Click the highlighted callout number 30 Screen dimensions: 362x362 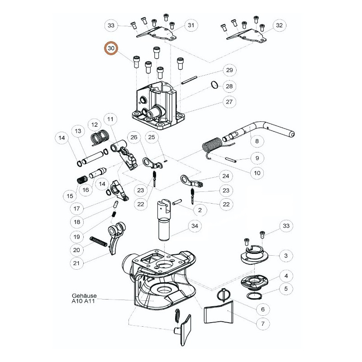(111, 48)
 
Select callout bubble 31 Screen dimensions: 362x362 (191, 25)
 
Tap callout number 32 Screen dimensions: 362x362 (279, 25)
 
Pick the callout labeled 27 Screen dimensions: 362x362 (229, 102)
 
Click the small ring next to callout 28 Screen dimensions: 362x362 (214, 85)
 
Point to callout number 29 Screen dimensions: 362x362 (229, 70)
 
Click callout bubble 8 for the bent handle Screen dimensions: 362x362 (257, 141)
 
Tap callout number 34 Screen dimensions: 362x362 (195, 226)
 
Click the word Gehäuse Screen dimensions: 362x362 (84, 296)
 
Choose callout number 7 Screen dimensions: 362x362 (263, 324)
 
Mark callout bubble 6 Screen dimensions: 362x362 (263, 309)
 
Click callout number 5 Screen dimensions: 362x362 (286, 289)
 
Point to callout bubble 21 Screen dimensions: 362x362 (76, 263)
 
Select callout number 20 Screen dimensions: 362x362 (76, 250)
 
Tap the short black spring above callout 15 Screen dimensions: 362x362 (82, 179)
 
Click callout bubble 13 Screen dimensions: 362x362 (78, 131)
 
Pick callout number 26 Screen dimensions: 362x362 (134, 138)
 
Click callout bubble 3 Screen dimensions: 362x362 (286, 256)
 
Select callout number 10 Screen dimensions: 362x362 (257, 173)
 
